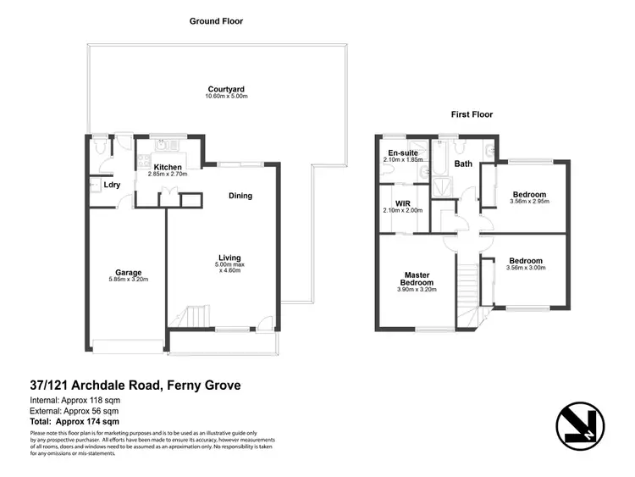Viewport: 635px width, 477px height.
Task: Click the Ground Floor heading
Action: click(216, 20)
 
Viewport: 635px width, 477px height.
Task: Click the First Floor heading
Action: click(472, 114)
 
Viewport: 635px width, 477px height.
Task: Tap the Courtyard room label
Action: click(225, 88)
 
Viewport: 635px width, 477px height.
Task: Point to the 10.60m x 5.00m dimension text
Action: click(225, 97)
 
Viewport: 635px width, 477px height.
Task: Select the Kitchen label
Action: click(168, 167)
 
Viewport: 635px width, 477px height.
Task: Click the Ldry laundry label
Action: click(110, 185)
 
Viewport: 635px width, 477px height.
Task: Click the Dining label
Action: click(240, 196)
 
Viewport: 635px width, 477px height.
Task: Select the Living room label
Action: click(229, 258)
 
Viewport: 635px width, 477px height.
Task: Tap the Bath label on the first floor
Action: click(463, 164)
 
